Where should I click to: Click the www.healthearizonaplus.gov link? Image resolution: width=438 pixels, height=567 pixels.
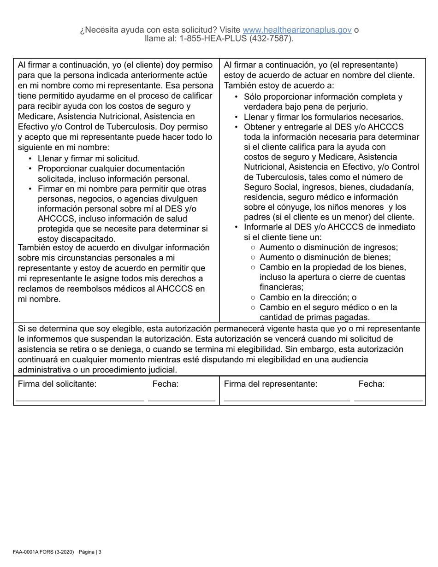(297, 30)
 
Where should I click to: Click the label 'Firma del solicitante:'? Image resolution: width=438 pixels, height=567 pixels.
(57, 384)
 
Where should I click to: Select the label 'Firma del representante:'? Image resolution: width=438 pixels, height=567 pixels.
(271, 384)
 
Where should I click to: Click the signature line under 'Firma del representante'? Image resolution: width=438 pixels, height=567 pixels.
(286, 400)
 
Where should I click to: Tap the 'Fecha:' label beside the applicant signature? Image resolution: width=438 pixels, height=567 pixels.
(165, 384)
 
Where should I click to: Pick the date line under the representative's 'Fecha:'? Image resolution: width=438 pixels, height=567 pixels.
(388, 400)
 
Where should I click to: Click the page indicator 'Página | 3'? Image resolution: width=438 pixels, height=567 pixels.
(90, 552)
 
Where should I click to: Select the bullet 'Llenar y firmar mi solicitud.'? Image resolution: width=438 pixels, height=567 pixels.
(89, 159)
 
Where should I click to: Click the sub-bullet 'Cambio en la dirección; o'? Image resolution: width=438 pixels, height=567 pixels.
(308, 297)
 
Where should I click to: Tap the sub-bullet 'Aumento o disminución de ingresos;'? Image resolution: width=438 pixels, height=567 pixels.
(329, 247)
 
